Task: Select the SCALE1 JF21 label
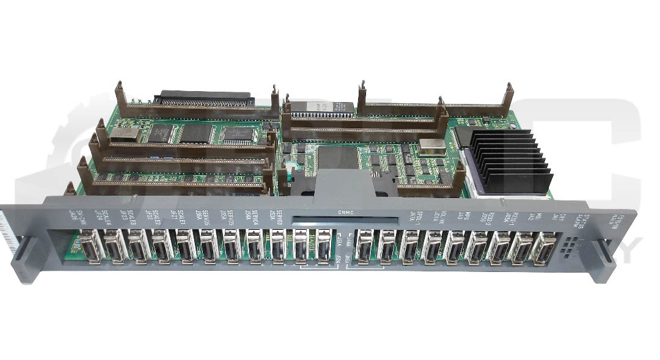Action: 177,216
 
